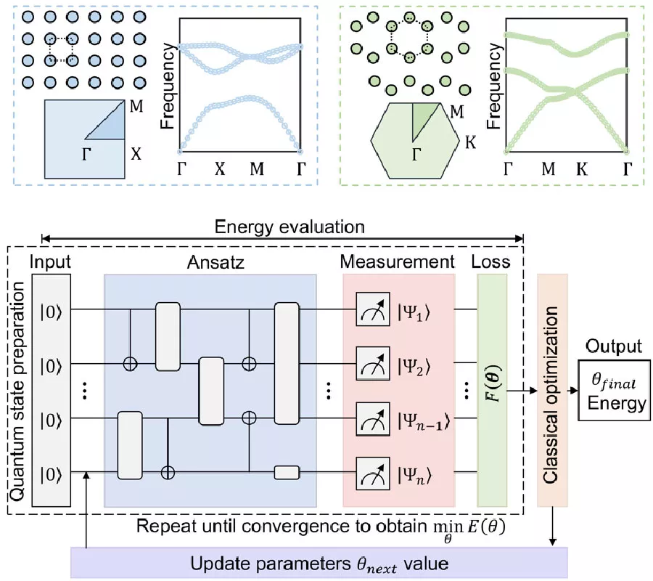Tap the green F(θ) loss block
coord(495,389)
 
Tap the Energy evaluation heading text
coord(290,227)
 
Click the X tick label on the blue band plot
coord(220,169)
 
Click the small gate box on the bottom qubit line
coord(287,472)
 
